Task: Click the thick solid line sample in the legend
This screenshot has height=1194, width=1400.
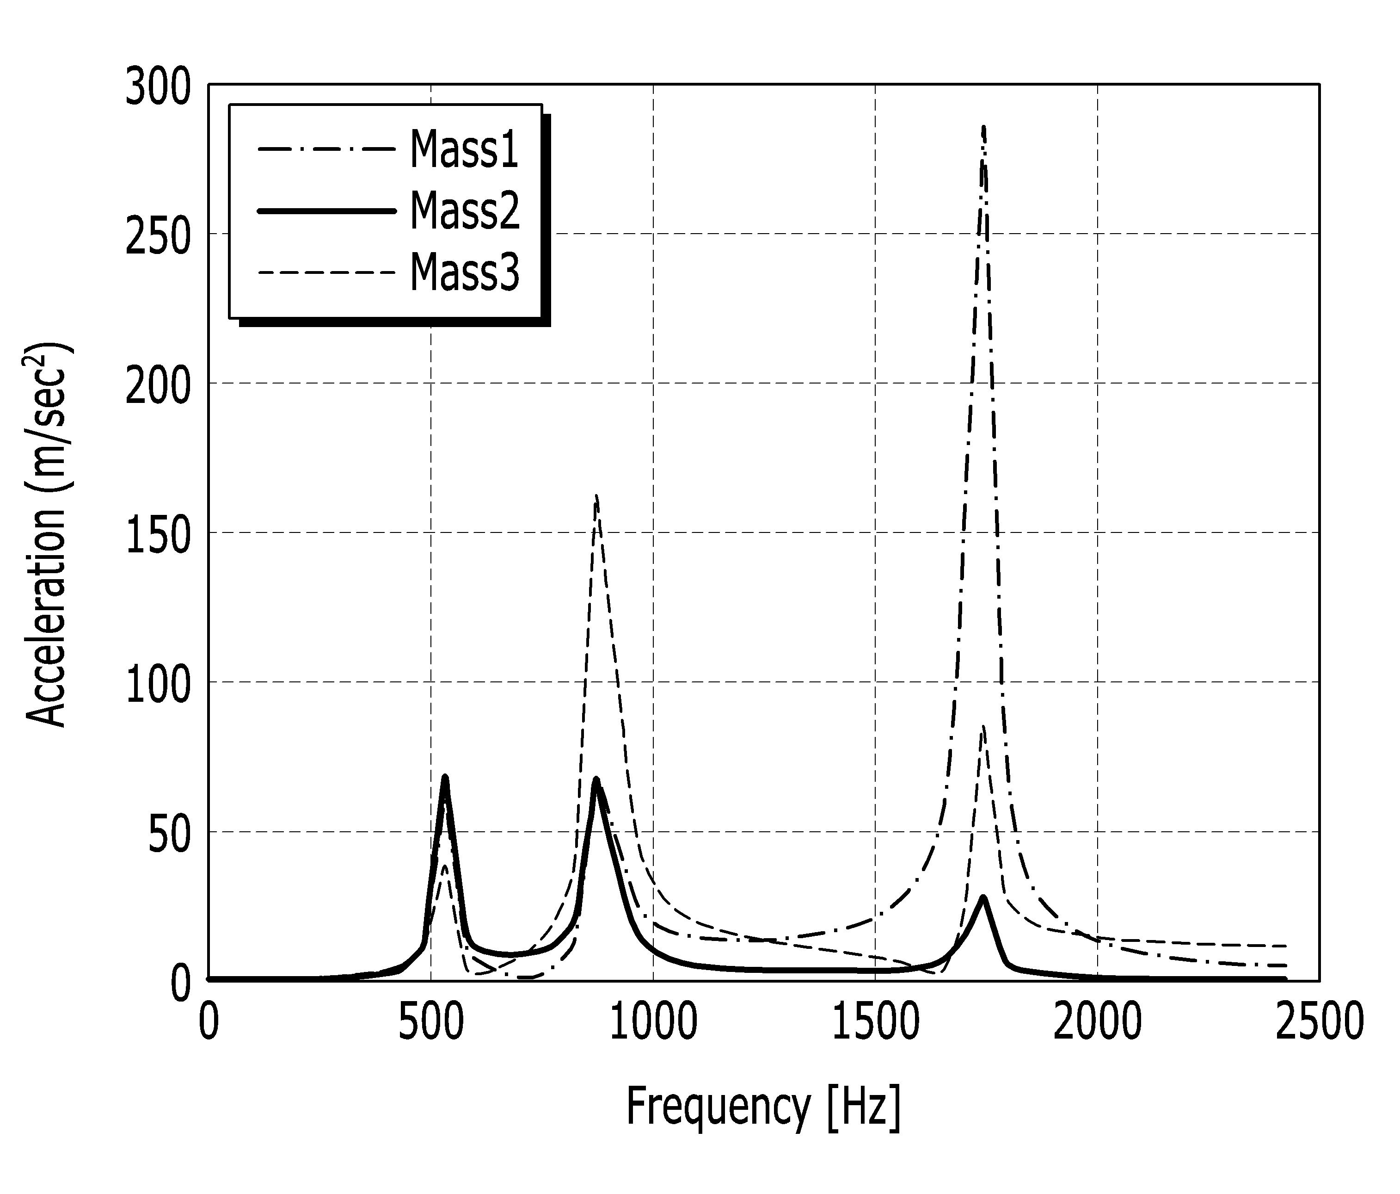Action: pyautogui.click(x=326, y=211)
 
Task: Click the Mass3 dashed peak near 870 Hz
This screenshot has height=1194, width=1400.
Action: pyautogui.click(x=596, y=495)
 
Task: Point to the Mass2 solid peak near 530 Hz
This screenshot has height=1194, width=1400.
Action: pyautogui.click(x=445, y=778)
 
